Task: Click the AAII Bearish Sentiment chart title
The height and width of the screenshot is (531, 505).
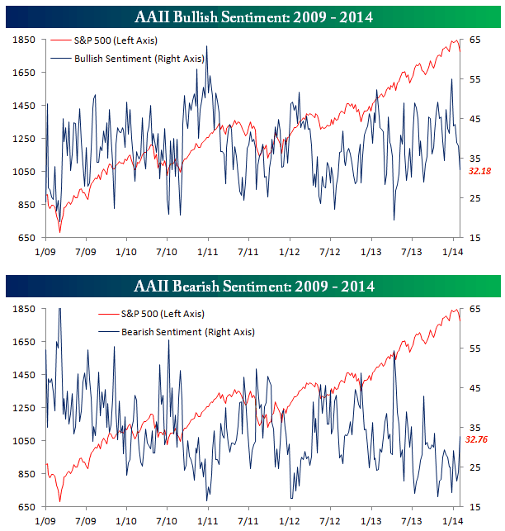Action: (252, 287)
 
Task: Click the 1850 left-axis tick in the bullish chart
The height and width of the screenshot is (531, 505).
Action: (23, 40)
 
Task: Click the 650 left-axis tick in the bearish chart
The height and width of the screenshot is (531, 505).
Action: (26, 507)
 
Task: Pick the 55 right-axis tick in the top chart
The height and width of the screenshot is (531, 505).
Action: (475, 79)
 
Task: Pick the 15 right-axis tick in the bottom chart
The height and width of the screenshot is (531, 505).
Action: (475, 507)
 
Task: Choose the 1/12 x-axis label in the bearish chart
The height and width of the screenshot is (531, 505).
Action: (289, 522)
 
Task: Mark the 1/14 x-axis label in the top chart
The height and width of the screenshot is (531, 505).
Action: (451, 250)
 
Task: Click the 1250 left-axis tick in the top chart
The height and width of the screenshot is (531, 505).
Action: (23, 139)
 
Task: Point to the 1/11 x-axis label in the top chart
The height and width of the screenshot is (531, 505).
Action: (207, 250)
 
